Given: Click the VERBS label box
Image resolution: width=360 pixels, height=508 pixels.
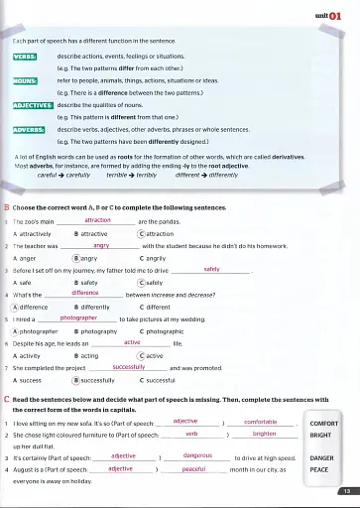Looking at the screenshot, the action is (24, 58).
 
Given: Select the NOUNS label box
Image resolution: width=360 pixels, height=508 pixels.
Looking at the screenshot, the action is (25, 80).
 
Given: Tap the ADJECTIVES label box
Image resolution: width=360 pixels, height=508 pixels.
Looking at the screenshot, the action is (33, 104).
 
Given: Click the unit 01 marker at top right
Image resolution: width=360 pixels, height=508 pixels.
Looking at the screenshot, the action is (332, 15).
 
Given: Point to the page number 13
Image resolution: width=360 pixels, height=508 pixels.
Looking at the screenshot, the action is (343, 491).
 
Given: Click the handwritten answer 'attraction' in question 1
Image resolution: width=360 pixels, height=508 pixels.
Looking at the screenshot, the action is (98, 219).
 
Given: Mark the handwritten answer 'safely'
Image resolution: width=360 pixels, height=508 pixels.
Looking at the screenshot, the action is (211, 269).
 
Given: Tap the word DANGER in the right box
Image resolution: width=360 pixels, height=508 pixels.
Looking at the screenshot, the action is (323, 458).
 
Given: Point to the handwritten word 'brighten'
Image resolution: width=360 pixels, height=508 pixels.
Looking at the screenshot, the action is (264, 434).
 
